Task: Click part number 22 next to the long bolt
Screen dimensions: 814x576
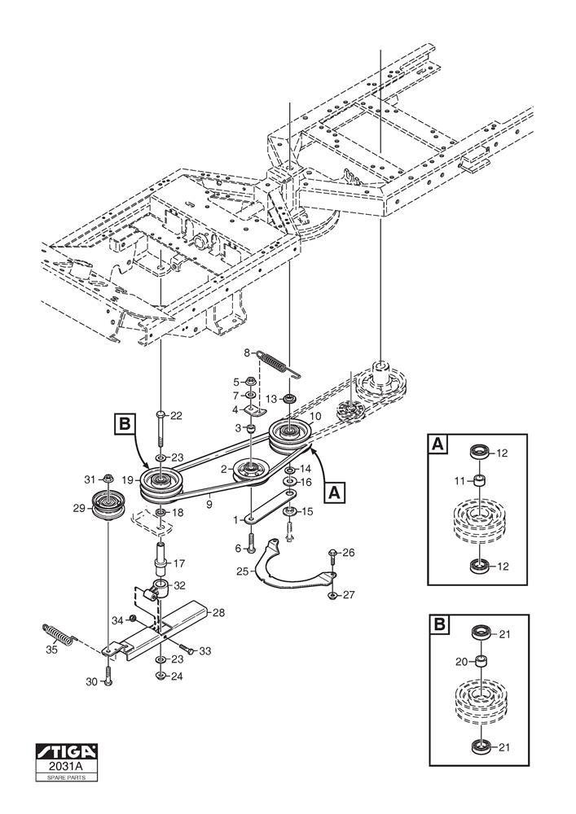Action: (177, 416)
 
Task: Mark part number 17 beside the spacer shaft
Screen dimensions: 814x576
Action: (179, 562)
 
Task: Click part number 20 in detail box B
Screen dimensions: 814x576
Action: (462, 661)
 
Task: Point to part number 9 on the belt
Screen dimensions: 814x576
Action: (211, 504)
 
